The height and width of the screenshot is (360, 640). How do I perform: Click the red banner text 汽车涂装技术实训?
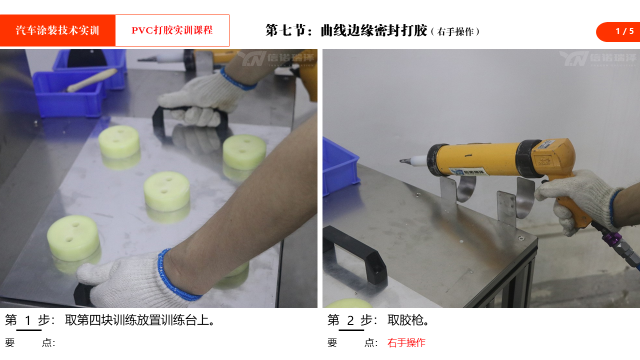pyautogui.click(x=57, y=30)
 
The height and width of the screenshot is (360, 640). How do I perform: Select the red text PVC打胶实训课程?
pyautogui.click(x=172, y=30)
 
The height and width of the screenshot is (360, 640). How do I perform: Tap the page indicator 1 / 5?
pyautogui.click(x=624, y=31)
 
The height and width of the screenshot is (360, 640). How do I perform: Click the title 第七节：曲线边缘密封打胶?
pyautogui.click(x=346, y=30)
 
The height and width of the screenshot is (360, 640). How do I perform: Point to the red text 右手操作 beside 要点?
pyautogui.click(x=406, y=342)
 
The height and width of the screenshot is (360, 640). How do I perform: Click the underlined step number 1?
pyautogui.click(x=27, y=320)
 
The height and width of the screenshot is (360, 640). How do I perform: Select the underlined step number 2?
pyautogui.click(x=350, y=320)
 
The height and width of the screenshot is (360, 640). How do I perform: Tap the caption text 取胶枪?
pyautogui.click(x=408, y=320)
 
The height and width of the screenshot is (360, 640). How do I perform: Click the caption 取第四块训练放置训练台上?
pyautogui.click(x=139, y=320)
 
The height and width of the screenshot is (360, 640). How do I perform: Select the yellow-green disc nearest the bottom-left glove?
pyautogui.click(x=73, y=238)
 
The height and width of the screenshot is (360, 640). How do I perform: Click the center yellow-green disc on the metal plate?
pyautogui.click(x=167, y=191)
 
